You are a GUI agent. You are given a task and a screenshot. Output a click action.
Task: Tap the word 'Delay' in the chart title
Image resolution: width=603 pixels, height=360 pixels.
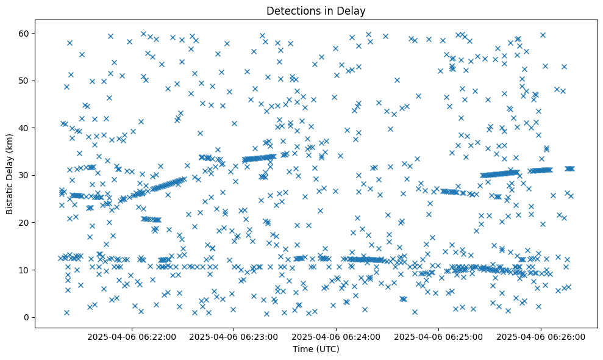(353, 10)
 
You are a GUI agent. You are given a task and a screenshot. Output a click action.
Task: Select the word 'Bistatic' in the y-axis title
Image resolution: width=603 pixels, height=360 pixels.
(10, 196)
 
